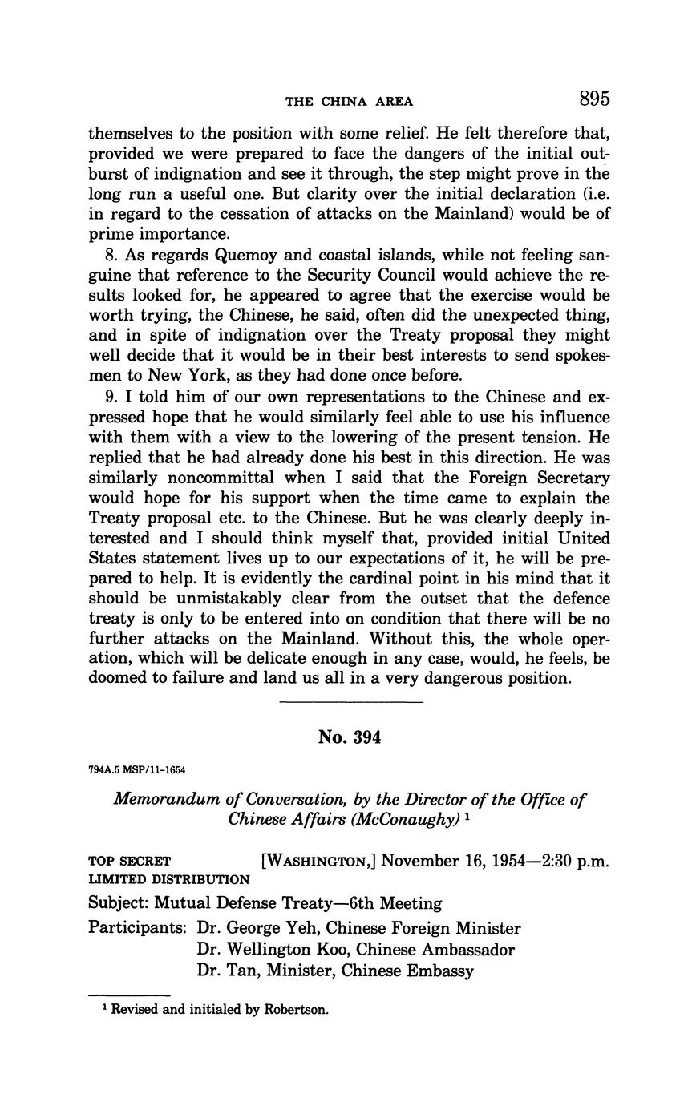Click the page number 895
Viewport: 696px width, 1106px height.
593,99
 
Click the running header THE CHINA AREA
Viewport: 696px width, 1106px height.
349,102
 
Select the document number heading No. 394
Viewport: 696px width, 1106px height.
349,737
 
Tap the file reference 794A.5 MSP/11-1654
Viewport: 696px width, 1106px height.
136,770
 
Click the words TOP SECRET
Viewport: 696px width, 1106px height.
129,862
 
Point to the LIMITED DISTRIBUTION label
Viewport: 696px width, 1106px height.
168,879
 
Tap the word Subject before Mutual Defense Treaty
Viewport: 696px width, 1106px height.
118,903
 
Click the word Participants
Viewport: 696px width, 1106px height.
136,928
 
